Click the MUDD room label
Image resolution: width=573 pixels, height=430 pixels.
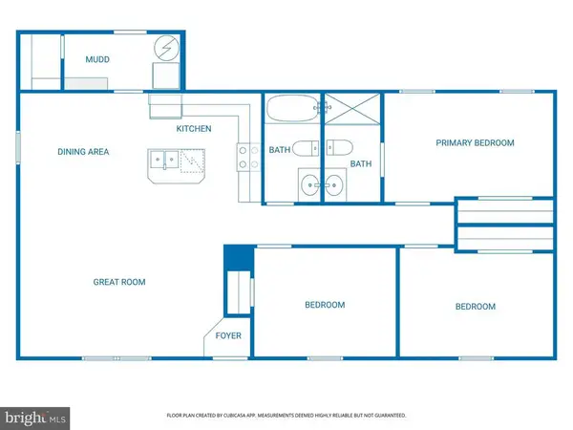pos(97,60)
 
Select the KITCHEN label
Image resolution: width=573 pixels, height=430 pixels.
pos(193,129)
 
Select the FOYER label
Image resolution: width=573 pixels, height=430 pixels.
pos(228,336)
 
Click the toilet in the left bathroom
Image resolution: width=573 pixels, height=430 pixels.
pos(303,148)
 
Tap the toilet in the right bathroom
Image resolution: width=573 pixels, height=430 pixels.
pos(338,148)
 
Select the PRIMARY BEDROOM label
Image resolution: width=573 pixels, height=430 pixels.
pos(475,143)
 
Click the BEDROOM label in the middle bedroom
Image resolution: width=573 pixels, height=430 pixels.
pos(325,305)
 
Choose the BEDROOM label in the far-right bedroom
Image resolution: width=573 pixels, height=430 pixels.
pos(475,307)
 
